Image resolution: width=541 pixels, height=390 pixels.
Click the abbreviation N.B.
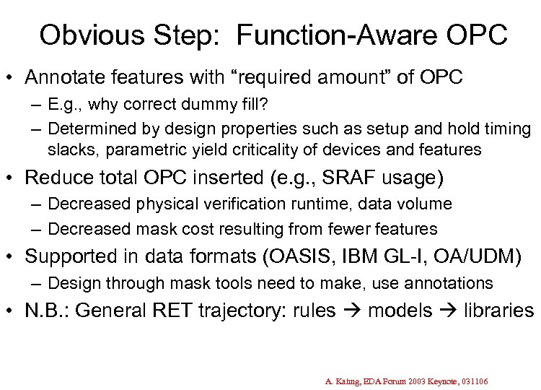(47, 311)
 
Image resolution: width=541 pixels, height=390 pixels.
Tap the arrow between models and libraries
(444, 311)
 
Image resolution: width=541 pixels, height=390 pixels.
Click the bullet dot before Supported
(15, 257)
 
